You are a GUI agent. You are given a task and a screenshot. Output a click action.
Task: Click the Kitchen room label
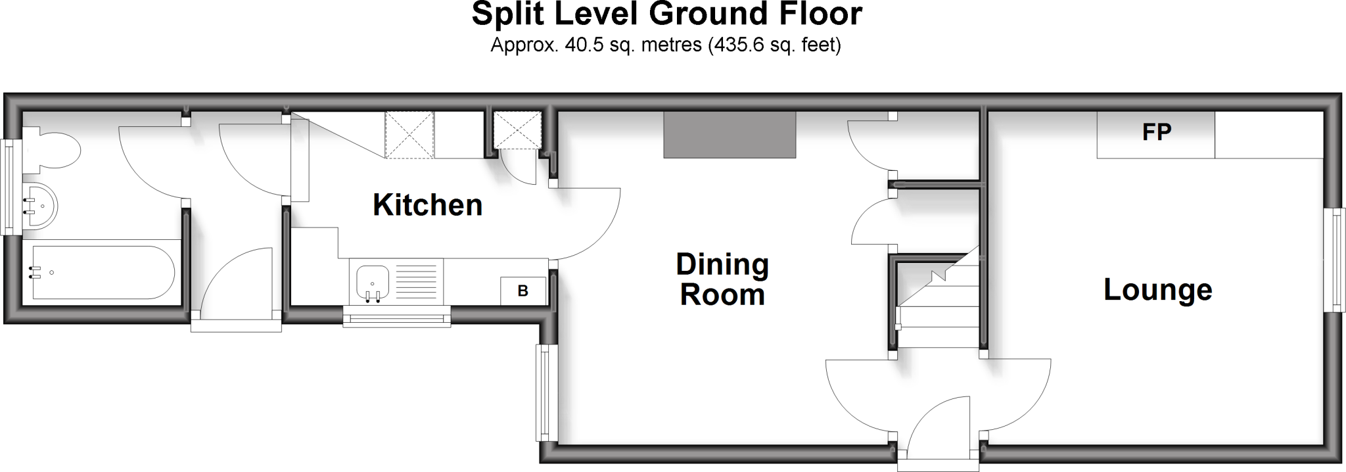pyautogui.click(x=427, y=205)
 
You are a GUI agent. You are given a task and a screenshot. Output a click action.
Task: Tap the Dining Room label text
pyautogui.click(x=722, y=279)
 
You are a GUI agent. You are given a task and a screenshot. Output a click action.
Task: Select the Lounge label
pyautogui.click(x=1157, y=290)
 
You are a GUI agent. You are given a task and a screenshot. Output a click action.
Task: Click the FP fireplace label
pyautogui.click(x=1156, y=133)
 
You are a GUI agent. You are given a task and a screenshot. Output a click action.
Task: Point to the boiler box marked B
pyautogui.click(x=523, y=291)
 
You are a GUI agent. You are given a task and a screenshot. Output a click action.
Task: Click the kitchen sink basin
pyautogui.click(x=373, y=283)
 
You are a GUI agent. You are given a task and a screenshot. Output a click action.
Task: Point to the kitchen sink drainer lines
pyautogui.click(x=414, y=281)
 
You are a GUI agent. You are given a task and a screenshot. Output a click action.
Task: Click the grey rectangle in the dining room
pyautogui.click(x=730, y=135)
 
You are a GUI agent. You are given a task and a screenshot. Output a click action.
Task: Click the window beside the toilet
pyautogui.click(x=9, y=187)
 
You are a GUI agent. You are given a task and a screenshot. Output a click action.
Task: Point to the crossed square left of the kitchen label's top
pyautogui.click(x=409, y=135)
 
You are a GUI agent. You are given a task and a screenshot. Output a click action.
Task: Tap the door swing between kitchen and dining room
pyautogui.click(x=588, y=224)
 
